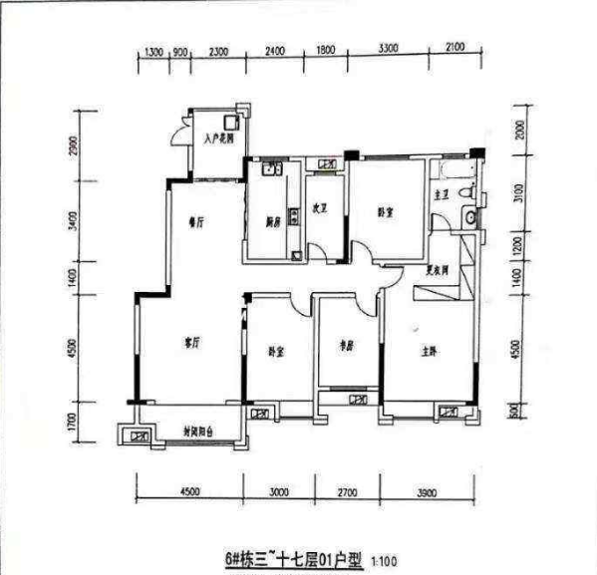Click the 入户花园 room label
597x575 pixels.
(219, 140)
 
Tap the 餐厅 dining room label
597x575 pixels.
(195, 224)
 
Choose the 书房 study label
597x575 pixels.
(347, 348)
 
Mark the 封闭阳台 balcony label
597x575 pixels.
(201, 432)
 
